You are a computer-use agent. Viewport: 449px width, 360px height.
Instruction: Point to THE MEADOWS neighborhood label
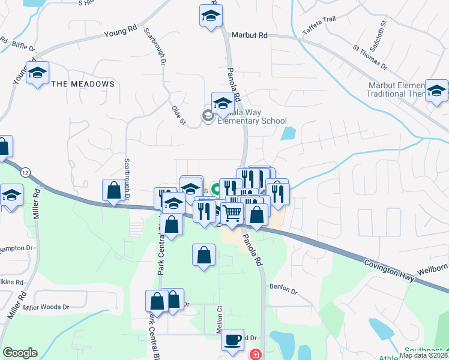[x=83, y=84]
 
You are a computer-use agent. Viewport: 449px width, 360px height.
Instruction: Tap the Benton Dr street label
[x=283, y=289]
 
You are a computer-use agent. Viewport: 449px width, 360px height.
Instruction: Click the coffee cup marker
[x=232, y=340]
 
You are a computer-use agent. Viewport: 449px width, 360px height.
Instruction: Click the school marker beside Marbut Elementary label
[x=436, y=91]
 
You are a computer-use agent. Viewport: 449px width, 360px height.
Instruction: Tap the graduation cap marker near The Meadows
[x=37, y=74]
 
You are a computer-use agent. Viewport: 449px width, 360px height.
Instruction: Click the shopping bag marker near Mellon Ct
[x=204, y=254]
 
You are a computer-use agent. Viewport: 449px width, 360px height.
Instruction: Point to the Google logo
[x=20, y=353]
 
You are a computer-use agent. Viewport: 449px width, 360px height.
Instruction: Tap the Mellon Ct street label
[x=219, y=321]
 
